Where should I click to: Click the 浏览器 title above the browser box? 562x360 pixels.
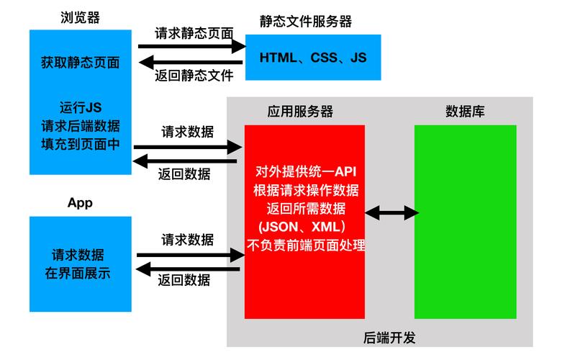pos(81,17)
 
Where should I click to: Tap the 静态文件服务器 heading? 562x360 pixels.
pos(306,22)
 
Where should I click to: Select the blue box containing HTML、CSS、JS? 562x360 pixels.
pos(313,58)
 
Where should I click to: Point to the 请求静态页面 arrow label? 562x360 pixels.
pos(194,33)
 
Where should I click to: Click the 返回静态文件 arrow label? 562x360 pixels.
pos(194,76)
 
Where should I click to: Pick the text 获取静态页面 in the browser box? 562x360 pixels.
pos(81,63)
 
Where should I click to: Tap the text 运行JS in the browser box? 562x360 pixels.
pos(81,107)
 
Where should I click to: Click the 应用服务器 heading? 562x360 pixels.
pos(300,111)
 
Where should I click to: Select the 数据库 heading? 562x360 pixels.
pos(465,111)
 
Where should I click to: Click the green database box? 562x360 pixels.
pos(466,222)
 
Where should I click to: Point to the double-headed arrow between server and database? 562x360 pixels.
pos(391,213)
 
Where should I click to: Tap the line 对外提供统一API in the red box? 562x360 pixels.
pos(306,171)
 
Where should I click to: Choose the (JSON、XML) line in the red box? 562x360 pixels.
pos(302,227)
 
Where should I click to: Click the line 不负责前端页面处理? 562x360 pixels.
pos(306,246)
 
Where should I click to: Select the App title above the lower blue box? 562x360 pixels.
pos(81,203)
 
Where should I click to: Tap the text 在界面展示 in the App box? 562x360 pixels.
pos(78,273)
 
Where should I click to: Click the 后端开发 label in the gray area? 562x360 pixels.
pos(389,338)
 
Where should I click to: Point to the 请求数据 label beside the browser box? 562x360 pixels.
pos(187,132)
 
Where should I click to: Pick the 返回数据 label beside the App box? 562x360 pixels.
pos(184,279)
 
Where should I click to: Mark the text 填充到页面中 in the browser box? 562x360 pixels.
pos(81,144)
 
